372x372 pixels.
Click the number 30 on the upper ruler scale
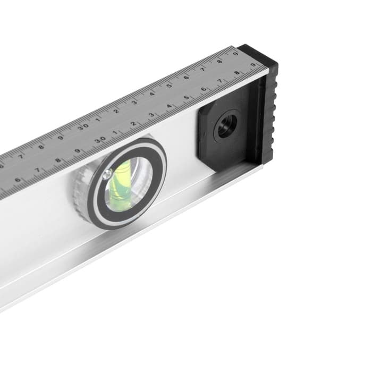point(83,126)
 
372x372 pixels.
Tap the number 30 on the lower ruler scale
point(100,140)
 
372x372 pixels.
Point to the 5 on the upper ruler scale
point(169,86)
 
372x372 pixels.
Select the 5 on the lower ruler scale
point(187,98)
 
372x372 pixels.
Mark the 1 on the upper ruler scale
point(98,120)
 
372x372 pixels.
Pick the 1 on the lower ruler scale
point(115,132)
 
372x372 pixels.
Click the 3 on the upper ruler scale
point(134,102)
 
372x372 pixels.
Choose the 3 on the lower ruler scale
point(151,115)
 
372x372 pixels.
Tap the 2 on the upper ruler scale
point(116,111)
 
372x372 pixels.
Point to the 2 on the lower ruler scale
point(133,124)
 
